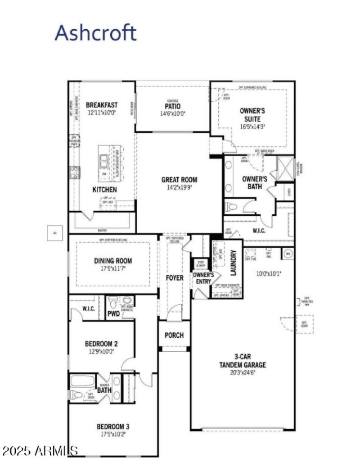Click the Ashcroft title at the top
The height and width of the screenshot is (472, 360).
coord(95,33)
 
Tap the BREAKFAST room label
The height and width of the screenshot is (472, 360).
coord(102,105)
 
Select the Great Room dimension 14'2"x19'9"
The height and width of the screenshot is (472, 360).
coord(179,187)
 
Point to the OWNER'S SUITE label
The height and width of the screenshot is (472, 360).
coord(252,114)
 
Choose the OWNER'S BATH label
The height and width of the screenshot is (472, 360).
coord(255,182)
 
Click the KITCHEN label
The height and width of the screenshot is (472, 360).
coord(104,190)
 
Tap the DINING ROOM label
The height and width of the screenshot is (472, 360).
coord(113,260)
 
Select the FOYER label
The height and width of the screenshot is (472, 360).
coord(175,278)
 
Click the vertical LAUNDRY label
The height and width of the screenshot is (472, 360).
coord(234,263)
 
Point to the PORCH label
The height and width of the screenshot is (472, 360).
coord(174,336)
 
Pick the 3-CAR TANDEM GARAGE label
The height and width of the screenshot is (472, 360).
coord(243,361)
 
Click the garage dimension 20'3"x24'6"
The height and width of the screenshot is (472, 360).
coord(243,372)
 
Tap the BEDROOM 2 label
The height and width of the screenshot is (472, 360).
coord(102,344)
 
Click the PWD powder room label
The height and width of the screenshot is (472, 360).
coord(113,313)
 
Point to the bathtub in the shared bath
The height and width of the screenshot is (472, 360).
coord(82,381)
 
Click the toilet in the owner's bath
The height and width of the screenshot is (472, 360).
coord(231,207)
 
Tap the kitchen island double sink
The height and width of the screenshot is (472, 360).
coord(104,160)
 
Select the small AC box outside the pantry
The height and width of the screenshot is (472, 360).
coord(55,233)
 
